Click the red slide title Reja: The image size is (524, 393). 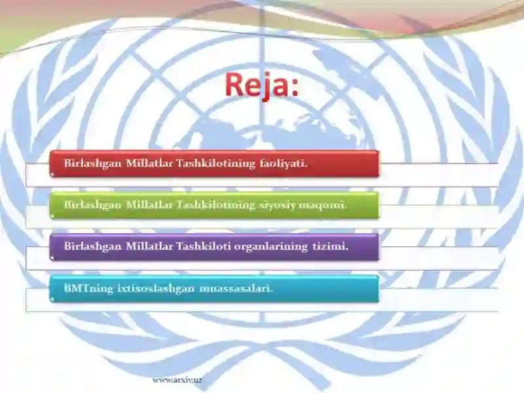click(x=261, y=84)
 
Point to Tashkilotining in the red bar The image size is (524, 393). click(x=215, y=164)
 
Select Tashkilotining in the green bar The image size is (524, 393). click(x=215, y=205)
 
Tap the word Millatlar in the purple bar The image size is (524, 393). click(x=149, y=246)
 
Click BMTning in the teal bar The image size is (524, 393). click(x=88, y=288)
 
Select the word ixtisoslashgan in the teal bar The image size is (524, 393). click(x=156, y=288)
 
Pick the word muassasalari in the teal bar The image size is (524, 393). click(x=236, y=288)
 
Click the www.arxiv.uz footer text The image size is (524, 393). click(x=177, y=380)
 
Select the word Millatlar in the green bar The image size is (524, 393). click(x=149, y=204)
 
